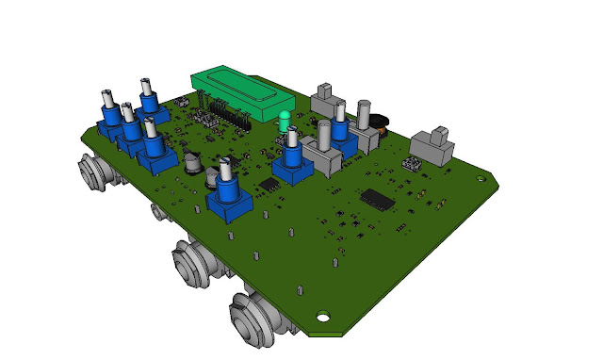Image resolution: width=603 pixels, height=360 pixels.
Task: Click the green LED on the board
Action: (284, 121)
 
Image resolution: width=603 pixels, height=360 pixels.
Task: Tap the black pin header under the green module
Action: (225, 114)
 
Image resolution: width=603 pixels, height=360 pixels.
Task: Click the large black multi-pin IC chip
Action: (378, 198)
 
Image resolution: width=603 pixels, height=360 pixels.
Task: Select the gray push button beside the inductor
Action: (364, 127)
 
